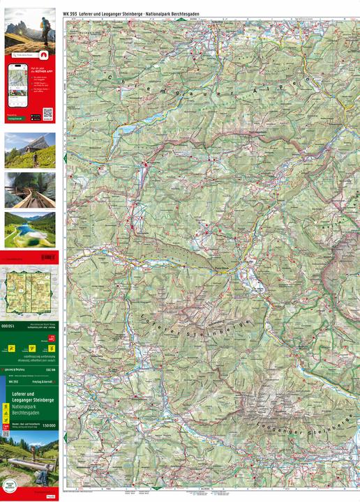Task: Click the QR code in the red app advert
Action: click(47, 113)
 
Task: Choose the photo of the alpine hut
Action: click(30, 150)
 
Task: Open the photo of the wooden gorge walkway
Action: click(30, 190)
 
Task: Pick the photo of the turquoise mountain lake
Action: click(30, 229)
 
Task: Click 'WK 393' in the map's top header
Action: click(71, 15)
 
